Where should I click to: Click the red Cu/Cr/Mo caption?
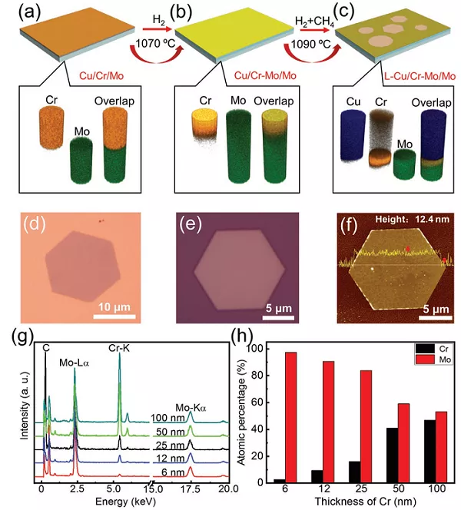[x=107, y=75]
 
